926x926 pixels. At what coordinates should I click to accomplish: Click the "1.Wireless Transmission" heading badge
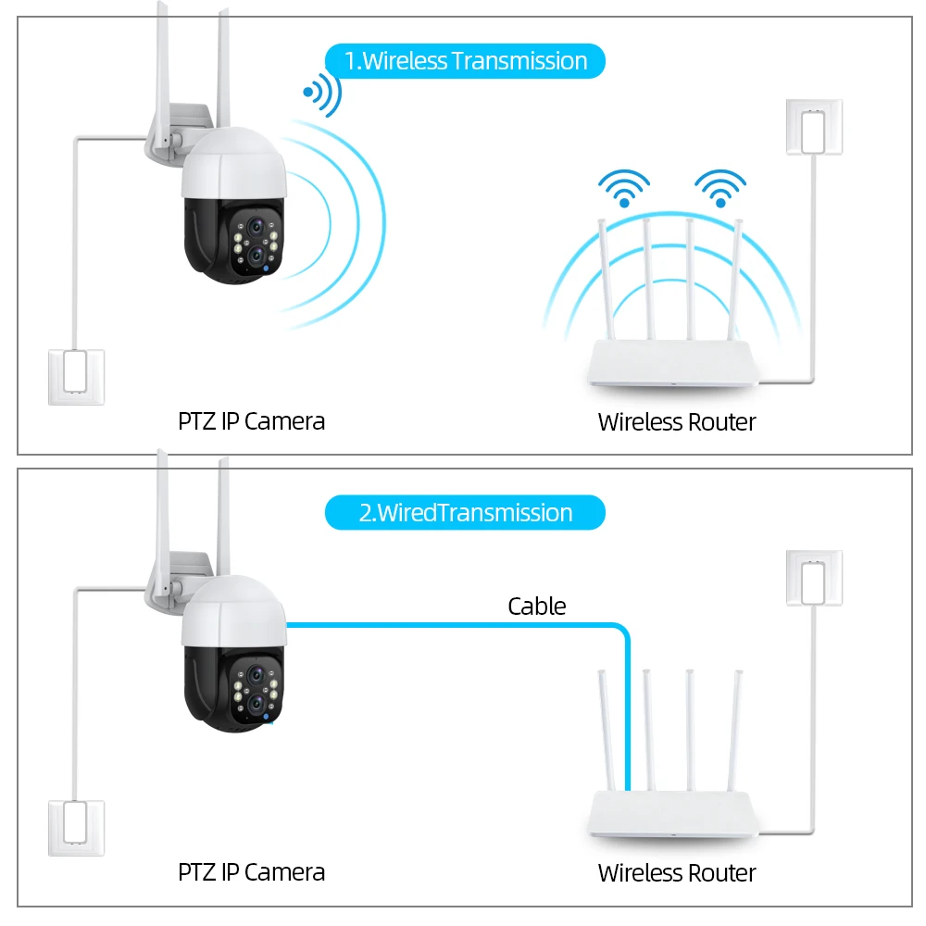465,62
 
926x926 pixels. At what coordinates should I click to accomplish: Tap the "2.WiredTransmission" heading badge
465,513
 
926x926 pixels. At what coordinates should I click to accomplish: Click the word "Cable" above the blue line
536,607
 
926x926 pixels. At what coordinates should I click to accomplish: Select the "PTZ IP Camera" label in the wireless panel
251,421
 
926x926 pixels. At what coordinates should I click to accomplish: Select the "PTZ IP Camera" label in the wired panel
251,871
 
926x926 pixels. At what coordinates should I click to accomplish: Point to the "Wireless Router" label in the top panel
677,422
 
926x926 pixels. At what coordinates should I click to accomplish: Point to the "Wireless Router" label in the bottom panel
677,872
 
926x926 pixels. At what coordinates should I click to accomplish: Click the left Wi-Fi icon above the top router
624,187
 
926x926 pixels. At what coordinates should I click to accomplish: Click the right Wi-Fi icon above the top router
720,187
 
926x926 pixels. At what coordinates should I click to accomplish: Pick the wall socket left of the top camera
76,377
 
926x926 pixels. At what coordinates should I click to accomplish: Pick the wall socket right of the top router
814,126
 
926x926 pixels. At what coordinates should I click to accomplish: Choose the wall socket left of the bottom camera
76,828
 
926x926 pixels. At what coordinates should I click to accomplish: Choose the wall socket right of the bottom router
814,578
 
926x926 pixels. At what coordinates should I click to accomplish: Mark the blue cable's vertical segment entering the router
627,713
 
